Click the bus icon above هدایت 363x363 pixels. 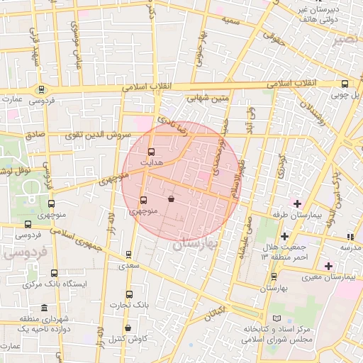(x=150, y=152)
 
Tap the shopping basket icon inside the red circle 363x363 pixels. (x=172, y=200)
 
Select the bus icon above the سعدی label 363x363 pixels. (x=128, y=254)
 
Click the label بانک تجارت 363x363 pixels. (x=128, y=305)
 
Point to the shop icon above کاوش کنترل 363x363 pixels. (x=128, y=328)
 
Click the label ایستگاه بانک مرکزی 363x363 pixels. (x=54, y=284)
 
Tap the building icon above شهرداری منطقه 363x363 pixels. (x=45, y=308)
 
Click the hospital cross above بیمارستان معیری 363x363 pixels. (x=328, y=266)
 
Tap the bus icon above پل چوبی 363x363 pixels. (x=345, y=83)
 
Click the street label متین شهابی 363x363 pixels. (x=208, y=99)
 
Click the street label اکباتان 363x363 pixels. (x=213, y=311)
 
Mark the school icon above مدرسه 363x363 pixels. (x=349, y=237)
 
